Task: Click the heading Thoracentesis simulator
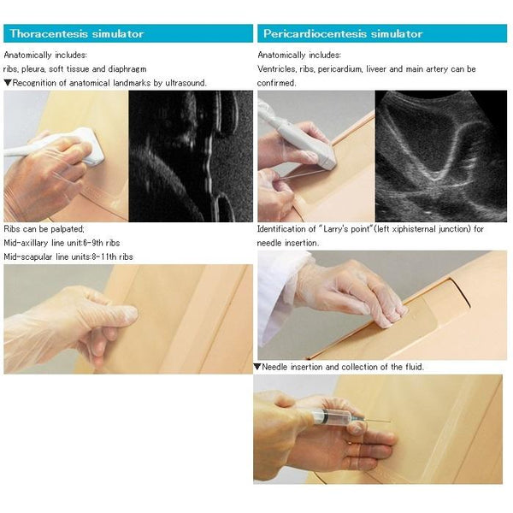click(77, 33)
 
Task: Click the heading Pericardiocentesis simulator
click(343, 33)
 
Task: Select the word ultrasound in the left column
click(186, 83)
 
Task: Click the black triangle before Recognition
click(8, 83)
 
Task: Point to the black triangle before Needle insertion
click(257, 367)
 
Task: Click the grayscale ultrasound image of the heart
click(441, 156)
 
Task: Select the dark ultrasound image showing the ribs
click(191, 156)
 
